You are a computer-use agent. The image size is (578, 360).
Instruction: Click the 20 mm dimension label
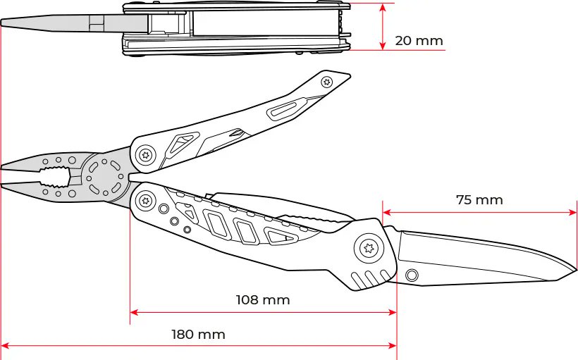click(419, 41)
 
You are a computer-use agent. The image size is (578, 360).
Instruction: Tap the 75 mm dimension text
click(479, 200)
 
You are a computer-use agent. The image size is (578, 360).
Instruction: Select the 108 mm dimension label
click(262, 300)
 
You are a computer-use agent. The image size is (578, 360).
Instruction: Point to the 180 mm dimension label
click(198, 335)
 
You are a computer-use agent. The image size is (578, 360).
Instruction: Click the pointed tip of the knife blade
click(576, 271)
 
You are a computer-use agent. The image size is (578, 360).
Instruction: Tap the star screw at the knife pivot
click(367, 248)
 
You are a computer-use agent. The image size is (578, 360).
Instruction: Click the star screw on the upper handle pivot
click(146, 154)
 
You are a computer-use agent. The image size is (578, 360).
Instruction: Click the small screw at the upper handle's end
click(326, 82)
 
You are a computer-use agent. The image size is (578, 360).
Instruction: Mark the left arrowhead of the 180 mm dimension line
click(5, 346)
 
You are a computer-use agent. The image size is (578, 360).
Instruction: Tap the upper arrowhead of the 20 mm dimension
click(382, 6)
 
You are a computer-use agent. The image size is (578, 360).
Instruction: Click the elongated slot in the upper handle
click(283, 109)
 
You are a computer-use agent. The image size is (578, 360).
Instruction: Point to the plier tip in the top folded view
click(4, 23)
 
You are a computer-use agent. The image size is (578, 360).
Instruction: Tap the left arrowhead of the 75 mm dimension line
click(386, 211)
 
